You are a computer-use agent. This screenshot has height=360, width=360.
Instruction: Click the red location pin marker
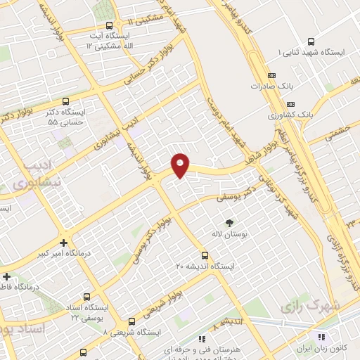180,165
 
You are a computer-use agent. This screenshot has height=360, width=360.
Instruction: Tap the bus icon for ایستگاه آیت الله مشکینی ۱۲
108,25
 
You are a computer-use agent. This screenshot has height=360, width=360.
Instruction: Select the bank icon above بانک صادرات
272,75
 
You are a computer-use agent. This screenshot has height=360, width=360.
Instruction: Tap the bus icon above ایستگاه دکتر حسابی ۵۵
65,101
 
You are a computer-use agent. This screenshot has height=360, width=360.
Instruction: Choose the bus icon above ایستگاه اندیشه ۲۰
205,255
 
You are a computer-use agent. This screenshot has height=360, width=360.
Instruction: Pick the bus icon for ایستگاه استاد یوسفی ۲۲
86,297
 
